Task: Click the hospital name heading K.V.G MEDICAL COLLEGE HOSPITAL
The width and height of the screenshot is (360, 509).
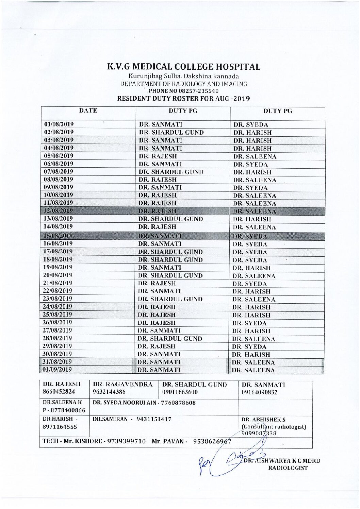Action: click(x=184, y=67)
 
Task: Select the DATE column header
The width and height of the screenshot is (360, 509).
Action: click(x=88, y=111)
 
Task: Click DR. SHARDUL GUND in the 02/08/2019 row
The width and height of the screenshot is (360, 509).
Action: click(x=171, y=133)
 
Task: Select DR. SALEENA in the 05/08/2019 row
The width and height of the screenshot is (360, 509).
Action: click(x=255, y=157)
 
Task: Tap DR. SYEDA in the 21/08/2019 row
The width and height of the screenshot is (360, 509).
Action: click(x=249, y=284)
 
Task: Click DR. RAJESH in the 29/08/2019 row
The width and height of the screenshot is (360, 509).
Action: click(x=157, y=346)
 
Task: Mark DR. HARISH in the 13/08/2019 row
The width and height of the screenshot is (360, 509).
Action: click(x=252, y=220)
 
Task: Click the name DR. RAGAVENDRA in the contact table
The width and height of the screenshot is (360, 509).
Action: click(x=123, y=385)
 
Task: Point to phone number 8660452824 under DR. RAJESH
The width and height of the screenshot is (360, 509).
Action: click(x=59, y=392)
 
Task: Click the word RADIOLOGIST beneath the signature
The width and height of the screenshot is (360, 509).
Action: click(x=288, y=468)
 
